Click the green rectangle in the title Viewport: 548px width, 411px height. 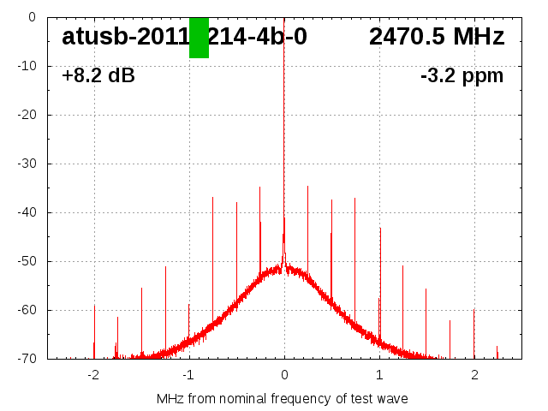[x=199, y=38]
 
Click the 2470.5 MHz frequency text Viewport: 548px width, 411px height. [x=437, y=37]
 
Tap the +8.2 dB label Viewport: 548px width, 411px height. [x=98, y=76]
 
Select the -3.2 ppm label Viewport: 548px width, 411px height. [x=462, y=76]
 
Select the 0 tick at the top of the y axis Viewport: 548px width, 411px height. [x=31, y=17]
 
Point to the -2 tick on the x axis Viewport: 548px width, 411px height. [x=92, y=375]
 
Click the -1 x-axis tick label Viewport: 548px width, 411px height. [x=188, y=375]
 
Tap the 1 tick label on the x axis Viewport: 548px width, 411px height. [x=379, y=375]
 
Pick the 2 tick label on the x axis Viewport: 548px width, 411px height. [x=474, y=375]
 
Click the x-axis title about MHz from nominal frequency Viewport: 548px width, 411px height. [x=283, y=398]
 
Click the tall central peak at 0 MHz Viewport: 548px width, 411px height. [x=284, y=128]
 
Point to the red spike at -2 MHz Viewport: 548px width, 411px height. [x=94, y=330]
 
